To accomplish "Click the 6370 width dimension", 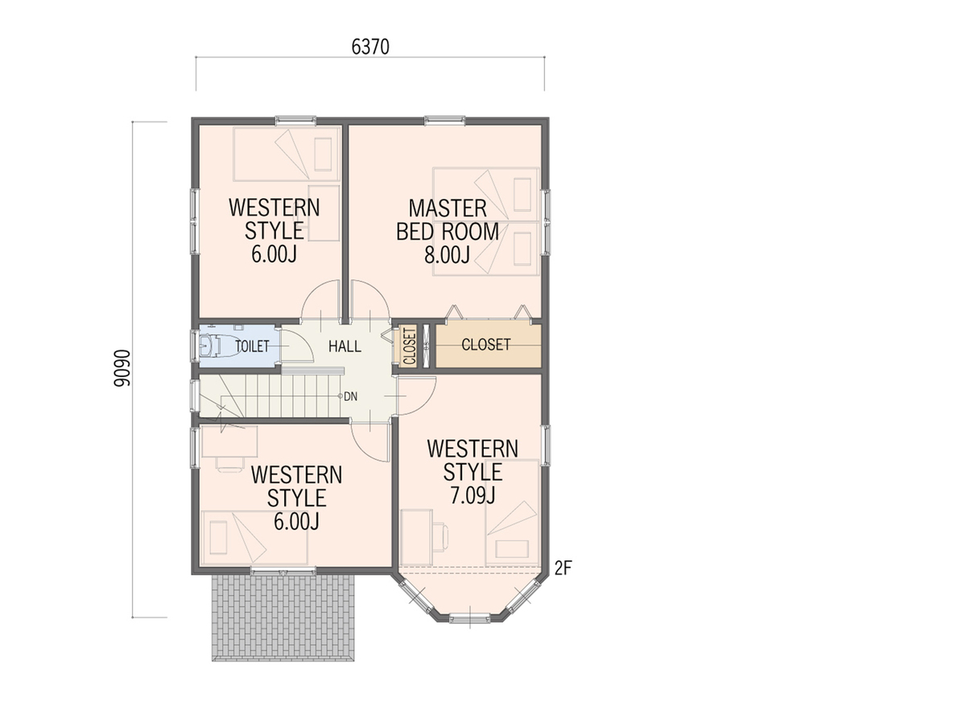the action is (370, 47).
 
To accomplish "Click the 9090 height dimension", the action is (122, 368).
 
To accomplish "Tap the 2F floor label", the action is (563, 568).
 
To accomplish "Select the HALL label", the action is (345, 346).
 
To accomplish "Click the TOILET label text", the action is (252, 346).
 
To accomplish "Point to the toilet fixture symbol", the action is (210, 346).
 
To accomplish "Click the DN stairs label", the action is (351, 396).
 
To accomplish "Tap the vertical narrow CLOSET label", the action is (410, 346).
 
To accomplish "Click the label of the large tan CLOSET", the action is (485, 345).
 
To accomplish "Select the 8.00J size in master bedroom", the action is (447, 255).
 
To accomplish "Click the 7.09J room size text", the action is (473, 495).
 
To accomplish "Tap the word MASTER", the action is (448, 209).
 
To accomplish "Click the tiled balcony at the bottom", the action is (283, 618).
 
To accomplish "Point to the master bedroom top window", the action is (444, 120).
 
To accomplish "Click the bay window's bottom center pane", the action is (469, 618).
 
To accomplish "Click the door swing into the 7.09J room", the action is (417, 395).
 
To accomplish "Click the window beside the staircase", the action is (195, 395).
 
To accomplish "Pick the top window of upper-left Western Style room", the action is (295, 120).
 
